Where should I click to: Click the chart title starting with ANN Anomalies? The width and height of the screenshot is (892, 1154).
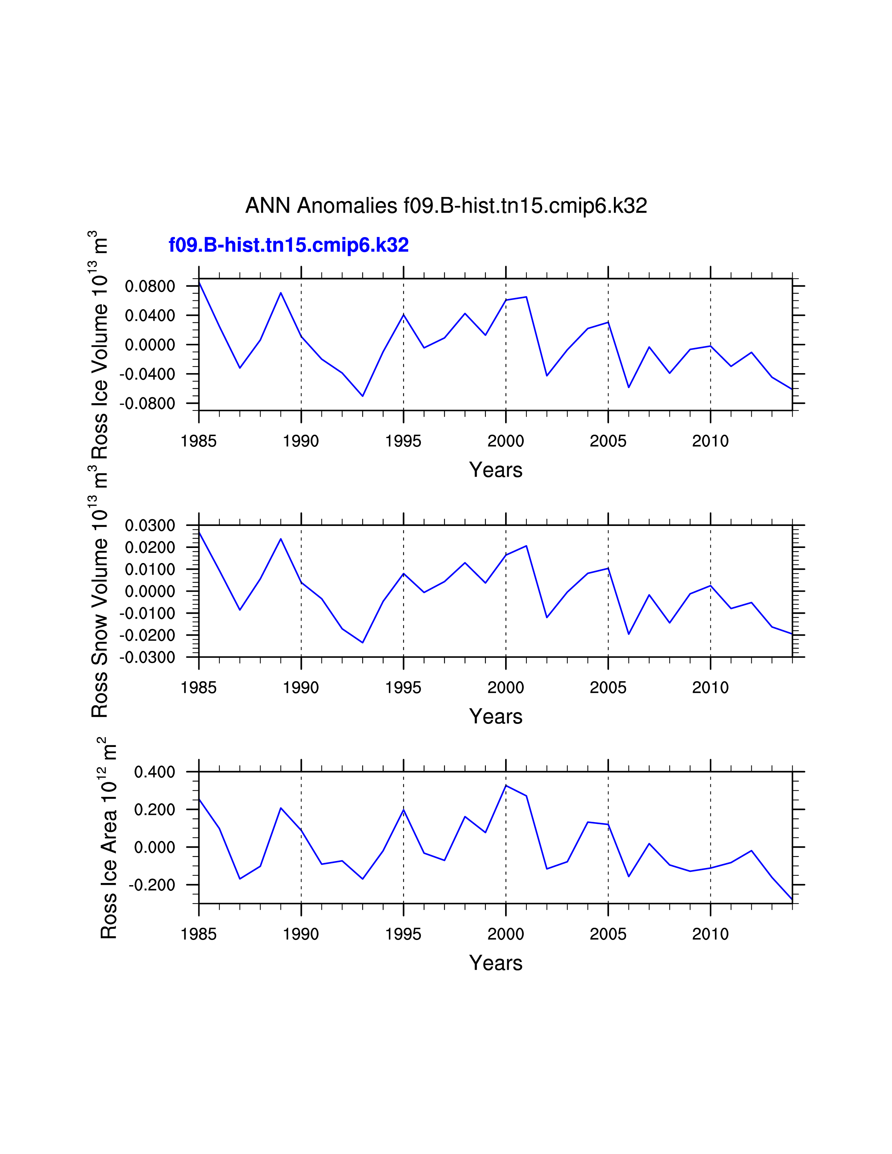pyautogui.click(x=446, y=206)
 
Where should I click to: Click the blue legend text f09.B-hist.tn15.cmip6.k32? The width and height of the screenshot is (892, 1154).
pyautogui.click(x=289, y=245)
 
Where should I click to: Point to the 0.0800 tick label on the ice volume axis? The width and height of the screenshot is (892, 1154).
pyautogui.click(x=150, y=286)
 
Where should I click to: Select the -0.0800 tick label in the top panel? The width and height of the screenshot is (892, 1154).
pyautogui.click(x=147, y=404)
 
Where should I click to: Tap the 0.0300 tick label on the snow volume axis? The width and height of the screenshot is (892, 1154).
pyautogui.click(x=150, y=526)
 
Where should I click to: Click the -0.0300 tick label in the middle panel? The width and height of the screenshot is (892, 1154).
pyautogui.click(x=147, y=658)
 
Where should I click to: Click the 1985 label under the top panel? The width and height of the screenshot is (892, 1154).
pyautogui.click(x=199, y=441)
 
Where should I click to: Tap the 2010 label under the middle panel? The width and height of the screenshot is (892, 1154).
pyautogui.click(x=710, y=688)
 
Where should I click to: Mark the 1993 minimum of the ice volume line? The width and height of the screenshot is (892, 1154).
pyautogui.click(x=362, y=396)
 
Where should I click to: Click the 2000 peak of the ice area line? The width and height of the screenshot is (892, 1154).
pyautogui.click(x=506, y=786)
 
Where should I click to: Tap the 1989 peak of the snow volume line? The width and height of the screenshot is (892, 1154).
pyautogui.click(x=281, y=539)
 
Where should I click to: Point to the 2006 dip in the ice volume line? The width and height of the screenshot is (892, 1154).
pyautogui.click(x=628, y=387)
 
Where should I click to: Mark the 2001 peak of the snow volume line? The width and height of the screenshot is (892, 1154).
pyautogui.click(x=526, y=546)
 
